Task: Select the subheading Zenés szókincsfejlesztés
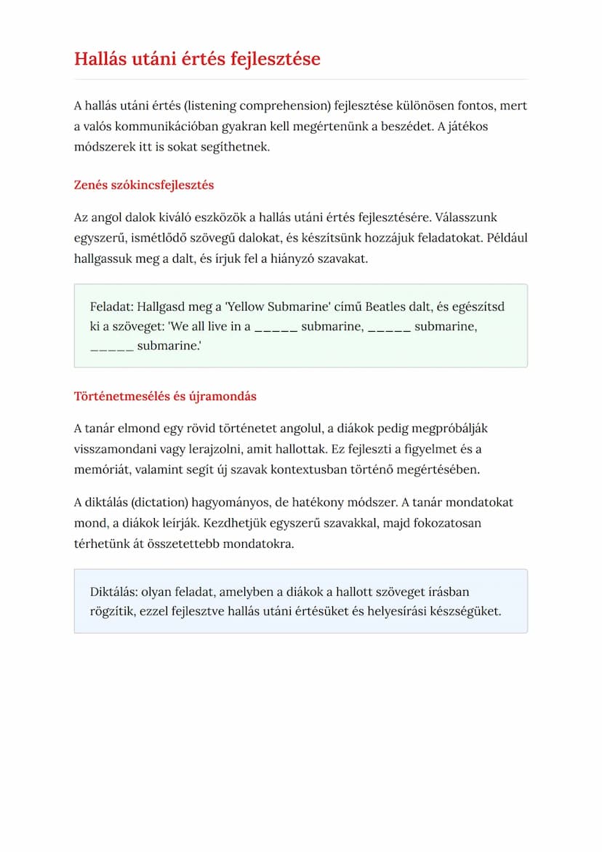pos(144,185)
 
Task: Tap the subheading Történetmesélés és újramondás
pos(165,397)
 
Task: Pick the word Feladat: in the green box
pos(112,306)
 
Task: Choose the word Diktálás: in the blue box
pos(114,592)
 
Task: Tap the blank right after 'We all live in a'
pos(276,327)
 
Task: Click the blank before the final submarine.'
pos(111,346)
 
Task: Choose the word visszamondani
pos(111,448)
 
